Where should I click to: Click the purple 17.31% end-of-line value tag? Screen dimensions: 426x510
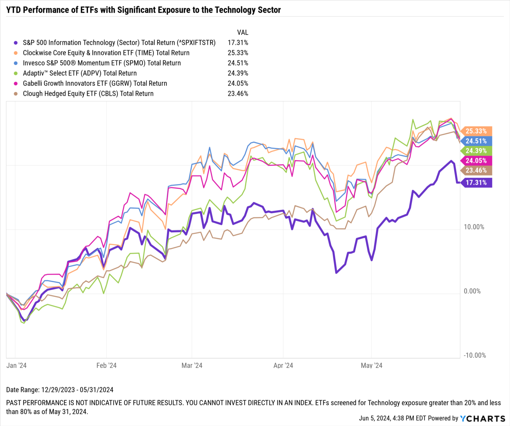tap(476, 182)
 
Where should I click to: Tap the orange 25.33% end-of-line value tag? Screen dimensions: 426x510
tap(476, 131)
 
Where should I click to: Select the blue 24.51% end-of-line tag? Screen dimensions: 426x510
tap(476, 141)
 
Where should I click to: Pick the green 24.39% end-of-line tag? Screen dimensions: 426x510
tap(476, 151)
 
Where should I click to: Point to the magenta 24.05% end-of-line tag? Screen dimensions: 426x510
tap(476, 161)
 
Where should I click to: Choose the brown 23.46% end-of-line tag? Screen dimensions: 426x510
tap(476, 171)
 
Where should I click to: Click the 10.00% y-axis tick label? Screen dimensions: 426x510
tap(474, 227)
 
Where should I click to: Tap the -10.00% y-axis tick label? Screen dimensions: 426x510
tap(474, 355)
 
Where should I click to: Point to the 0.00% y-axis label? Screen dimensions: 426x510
tap(472, 291)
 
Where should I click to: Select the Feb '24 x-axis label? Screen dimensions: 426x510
tap(106, 366)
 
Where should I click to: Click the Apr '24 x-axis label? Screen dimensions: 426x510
tap(283, 366)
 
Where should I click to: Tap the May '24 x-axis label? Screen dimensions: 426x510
tap(371, 366)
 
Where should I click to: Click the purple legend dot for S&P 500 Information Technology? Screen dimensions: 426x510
tap(16, 43)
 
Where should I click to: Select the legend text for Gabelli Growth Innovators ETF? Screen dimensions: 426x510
tap(95, 84)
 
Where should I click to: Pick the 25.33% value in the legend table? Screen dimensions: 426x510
tap(238, 53)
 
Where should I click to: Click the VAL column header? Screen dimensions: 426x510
tap(242, 33)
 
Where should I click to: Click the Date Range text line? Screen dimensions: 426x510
tap(60, 390)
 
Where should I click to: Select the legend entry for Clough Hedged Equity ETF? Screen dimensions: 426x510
tap(88, 94)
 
